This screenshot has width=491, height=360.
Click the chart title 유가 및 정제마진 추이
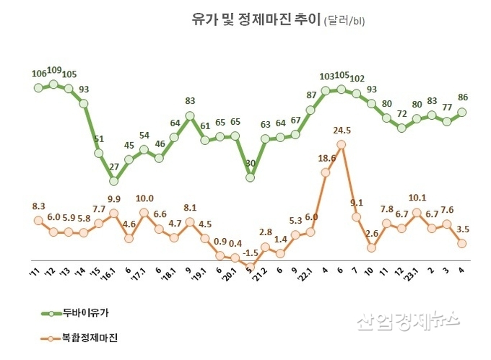(x=243, y=19)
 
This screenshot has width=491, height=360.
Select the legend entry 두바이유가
(x=91, y=313)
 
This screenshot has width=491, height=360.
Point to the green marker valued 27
(x=113, y=180)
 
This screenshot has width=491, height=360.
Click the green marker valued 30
(x=250, y=177)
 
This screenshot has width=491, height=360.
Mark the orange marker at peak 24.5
(x=341, y=144)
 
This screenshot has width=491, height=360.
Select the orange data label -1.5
(x=251, y=253)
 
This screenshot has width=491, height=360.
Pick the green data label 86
(x=463, y=97)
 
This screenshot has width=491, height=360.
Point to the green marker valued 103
(x=326, y=90)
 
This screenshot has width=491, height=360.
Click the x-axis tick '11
(x=34, y=273)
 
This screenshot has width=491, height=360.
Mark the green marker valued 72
(x=401, y=128)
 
